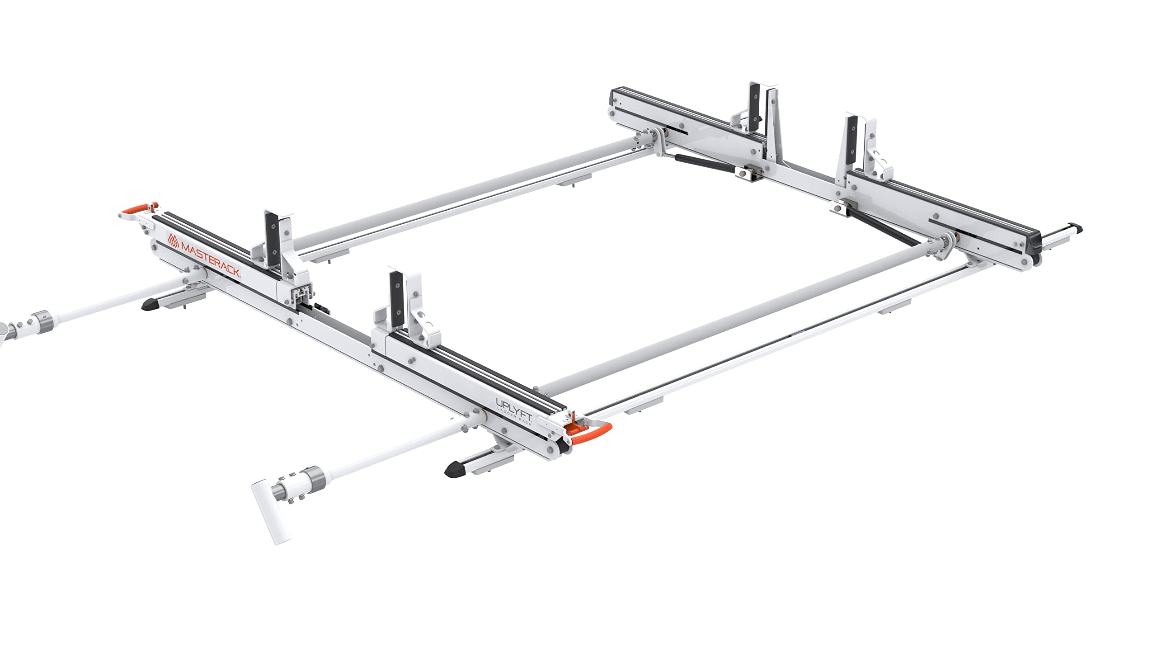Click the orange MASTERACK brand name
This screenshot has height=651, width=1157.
(x=211, y=262)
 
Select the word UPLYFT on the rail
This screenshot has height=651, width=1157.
(x=514, y=405)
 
